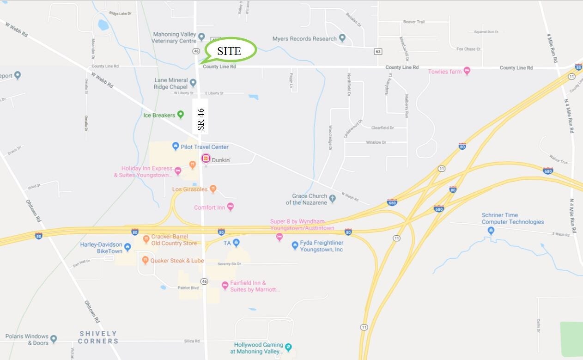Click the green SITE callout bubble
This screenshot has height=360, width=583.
[230, 50]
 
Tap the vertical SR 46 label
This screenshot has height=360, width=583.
[200, 119]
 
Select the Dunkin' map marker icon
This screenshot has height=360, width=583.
[206, 159]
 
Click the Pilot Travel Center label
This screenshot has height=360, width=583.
[205, 147]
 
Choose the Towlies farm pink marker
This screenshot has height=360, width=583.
[467, 71]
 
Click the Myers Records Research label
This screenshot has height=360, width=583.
[304, 39]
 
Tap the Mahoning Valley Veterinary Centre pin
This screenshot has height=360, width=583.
[201, 37]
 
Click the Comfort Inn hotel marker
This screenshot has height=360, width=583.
[231, 207]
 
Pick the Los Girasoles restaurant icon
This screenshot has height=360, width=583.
[213, 189]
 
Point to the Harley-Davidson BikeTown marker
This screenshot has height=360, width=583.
[128, 247]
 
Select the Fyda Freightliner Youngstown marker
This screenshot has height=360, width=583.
[295, 246]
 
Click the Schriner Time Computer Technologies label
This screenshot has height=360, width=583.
[512, 219]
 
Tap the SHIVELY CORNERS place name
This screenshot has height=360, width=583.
[98, 337]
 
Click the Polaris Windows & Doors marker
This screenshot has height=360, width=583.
[54, 340]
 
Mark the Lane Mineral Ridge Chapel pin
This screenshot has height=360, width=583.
[193, 83]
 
